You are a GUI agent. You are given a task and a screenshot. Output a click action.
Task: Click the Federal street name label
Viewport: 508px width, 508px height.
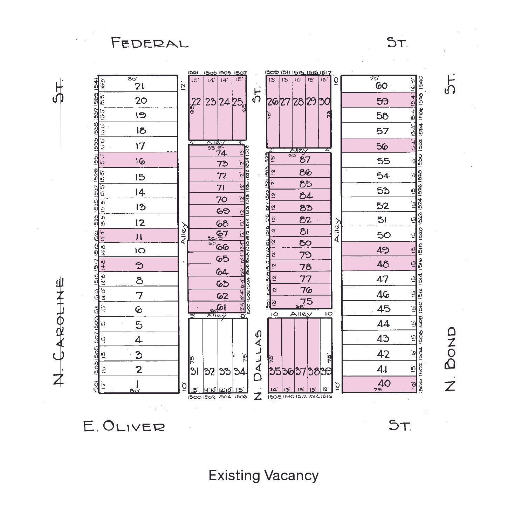click(x=150, y=43)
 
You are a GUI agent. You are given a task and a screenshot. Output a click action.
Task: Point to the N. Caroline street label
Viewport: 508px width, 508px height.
click(x=59, y=331)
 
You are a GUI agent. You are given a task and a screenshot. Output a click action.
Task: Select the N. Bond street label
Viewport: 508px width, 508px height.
click(x=451, y=359)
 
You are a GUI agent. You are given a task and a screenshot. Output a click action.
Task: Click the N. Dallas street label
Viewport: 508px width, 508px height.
click(x=258, y=364)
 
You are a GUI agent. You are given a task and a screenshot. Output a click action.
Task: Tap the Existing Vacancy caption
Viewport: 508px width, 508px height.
click(x=263, y=475)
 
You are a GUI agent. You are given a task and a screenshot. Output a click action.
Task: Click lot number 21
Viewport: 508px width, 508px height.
click(x=139, y=86)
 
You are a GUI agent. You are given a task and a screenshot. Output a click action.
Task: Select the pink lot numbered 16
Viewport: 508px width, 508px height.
click(x=140, y=161)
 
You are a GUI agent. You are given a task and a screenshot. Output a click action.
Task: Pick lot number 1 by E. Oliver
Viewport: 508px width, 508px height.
click(x=138, y=384)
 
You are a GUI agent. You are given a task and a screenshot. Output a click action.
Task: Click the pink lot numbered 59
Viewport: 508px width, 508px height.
click(x=382, y=101)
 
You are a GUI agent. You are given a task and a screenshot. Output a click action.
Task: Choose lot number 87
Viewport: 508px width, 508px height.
click(x=305, y=159)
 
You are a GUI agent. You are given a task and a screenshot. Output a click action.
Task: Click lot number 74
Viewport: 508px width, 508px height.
click(x=221, y=153)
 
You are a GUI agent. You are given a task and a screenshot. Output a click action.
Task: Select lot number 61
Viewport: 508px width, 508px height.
click(x=222, y=307)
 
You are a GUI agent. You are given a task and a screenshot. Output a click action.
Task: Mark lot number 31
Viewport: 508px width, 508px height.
click(x=195, y=371)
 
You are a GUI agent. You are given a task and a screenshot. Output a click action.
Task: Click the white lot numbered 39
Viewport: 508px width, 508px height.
click(x=326, y=371)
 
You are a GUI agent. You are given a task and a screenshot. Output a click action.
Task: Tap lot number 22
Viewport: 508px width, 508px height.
click(x=196, y=102)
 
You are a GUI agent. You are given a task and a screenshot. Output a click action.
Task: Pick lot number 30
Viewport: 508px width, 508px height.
click(x=324, y=102)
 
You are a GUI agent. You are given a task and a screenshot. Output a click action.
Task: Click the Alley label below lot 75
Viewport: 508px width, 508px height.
click(x=301, y=314)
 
